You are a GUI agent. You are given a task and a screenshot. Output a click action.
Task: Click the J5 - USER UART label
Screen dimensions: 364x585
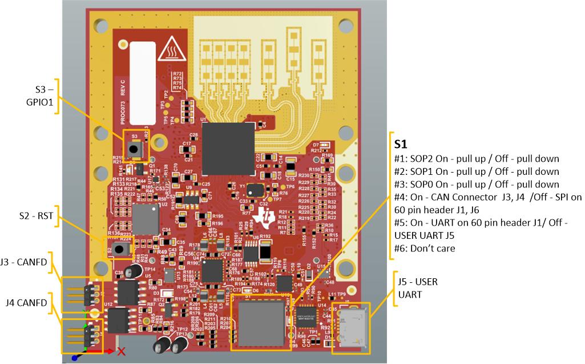(417, 288)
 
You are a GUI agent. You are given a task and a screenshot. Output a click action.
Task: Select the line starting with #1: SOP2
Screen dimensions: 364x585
(477, 159)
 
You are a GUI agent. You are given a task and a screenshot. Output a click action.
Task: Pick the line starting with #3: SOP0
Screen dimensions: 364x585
(477, 185)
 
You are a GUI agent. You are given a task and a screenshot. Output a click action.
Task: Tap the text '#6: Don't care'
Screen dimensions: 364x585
(423, 249)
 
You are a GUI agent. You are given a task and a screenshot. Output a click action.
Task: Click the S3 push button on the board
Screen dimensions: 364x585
(135, 149)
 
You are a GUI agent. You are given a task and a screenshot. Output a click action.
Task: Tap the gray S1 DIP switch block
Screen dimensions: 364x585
(261, 323)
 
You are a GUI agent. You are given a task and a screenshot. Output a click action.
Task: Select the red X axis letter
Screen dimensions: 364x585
(122, 353)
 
